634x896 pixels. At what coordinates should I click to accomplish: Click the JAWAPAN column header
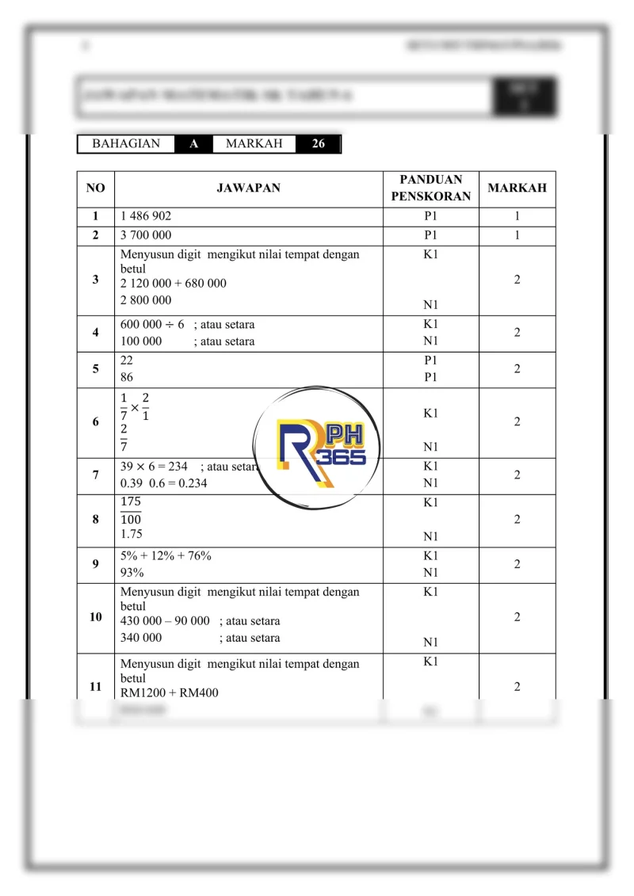(248, 189)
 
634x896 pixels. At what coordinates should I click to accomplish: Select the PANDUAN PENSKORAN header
(430, 188)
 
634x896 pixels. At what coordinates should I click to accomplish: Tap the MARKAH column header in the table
(517, 189)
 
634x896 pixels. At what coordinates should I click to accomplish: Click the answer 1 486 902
(146, 216)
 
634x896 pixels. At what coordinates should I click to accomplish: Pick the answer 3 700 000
(146, 235)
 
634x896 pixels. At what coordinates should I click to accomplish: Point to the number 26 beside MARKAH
(318, 144)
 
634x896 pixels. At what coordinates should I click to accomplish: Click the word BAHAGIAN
(126, 144)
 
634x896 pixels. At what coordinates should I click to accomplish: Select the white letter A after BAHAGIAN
(193, 144)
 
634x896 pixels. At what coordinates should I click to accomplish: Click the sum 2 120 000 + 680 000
(174, 284)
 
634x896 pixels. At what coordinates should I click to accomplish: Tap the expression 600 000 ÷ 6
(152, 325)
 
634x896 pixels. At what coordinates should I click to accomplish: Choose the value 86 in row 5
(127, 378)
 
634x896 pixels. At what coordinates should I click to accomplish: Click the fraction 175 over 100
(132, 511)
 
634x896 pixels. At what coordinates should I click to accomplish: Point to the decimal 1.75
(132, 535)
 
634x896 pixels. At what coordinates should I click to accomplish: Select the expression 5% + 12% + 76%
(166, 556)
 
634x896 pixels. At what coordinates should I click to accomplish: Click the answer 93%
(132, 573)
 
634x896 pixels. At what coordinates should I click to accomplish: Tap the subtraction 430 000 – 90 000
(165, 621)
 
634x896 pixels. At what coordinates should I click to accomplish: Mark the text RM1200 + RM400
(170, 693)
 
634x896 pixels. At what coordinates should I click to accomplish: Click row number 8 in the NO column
(96, 520)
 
